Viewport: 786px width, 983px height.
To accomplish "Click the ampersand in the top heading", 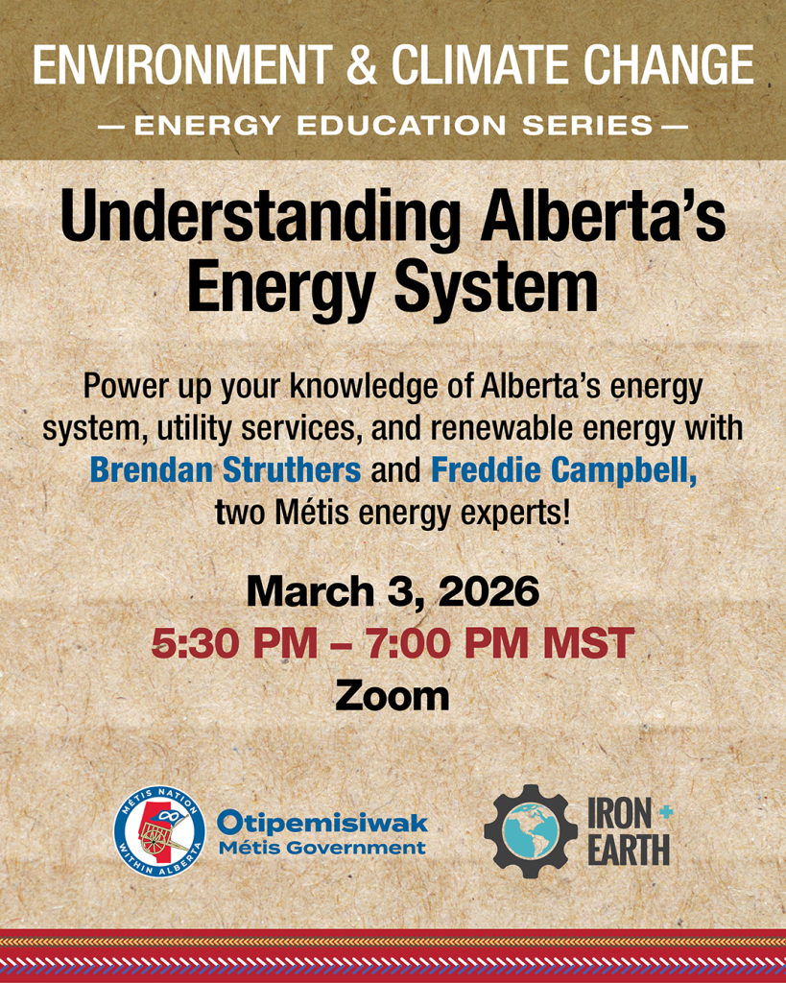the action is [362, 64].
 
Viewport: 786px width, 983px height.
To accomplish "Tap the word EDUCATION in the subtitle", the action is [400, 126].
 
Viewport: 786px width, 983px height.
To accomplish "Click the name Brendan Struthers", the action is [226, 470].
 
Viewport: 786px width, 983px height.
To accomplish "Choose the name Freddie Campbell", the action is [563, 470].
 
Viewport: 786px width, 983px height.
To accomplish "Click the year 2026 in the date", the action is [488, 591].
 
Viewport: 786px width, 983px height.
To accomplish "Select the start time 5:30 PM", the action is [234, 644].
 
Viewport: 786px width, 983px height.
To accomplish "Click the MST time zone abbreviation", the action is [589, 644].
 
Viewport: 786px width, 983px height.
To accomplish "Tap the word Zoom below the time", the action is [393, 696].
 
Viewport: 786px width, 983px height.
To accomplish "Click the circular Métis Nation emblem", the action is [160, 831].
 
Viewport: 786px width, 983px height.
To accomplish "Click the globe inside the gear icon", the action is [531, 830].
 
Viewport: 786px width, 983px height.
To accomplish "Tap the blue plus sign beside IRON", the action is [666, 812].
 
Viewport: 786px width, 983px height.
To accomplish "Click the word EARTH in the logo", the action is [630, 852].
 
